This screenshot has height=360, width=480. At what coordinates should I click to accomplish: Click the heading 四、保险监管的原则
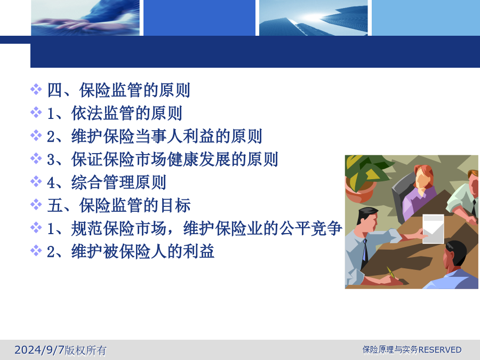tap(119, 90)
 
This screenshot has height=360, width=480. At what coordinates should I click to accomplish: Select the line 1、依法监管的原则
tap(115, 113)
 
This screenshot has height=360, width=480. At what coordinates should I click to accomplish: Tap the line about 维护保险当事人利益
tap(155, 136)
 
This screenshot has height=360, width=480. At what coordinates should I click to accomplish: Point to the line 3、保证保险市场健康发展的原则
tap(163, 159)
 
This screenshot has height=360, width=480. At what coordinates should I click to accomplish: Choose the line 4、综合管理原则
tap(107, 182)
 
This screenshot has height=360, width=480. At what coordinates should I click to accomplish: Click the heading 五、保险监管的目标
tap(119, 205)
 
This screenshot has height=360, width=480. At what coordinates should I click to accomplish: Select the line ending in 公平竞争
tap(195, 229)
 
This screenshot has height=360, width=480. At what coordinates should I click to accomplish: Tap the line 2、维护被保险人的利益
tap(131, 252)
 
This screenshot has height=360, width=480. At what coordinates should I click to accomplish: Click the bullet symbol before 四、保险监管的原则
tap(36, 90)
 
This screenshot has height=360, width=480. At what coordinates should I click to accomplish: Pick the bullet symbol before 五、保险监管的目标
tap(36, 204)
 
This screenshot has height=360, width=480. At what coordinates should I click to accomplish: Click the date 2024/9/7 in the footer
tap(39, 349)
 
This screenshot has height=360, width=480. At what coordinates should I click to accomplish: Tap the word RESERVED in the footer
tap(440, 349)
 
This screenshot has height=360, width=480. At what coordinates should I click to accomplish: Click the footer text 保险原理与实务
tap(390, 349)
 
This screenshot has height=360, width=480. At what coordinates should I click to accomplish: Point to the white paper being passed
tap(433, 229)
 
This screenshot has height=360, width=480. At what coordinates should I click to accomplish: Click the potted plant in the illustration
tap(364, 178)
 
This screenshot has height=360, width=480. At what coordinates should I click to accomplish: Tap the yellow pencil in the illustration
tap(391, 273)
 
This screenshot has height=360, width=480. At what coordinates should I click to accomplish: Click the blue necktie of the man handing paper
tap(364, 252)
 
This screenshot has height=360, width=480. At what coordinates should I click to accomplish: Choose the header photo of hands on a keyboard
tap(85, 18)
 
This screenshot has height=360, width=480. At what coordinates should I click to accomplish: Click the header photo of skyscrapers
tap(314, 18)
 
